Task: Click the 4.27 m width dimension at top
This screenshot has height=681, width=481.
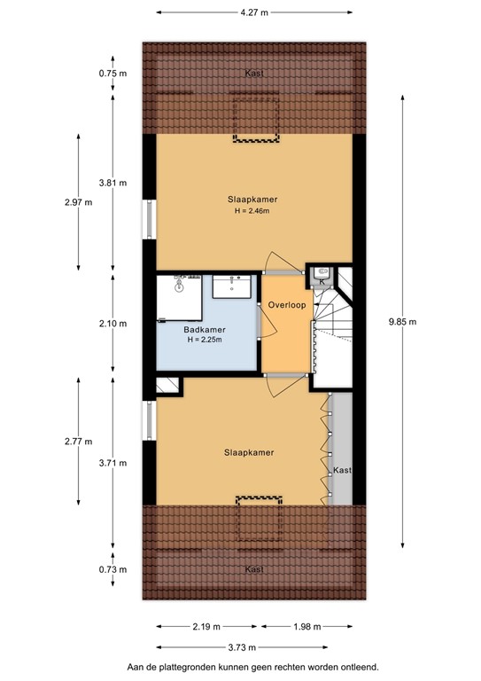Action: (x=253, y=12)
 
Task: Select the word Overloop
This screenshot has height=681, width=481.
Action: (x=288, y=305)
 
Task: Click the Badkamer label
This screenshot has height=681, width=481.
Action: (x=202, y=330)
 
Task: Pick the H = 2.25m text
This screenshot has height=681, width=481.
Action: (x=202, y=340)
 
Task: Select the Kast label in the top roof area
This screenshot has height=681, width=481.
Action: (x=253, y=74)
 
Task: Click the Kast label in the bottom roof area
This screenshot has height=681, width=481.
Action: (x=254, y=568)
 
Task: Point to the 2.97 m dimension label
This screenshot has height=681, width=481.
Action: (x=78, y=202)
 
